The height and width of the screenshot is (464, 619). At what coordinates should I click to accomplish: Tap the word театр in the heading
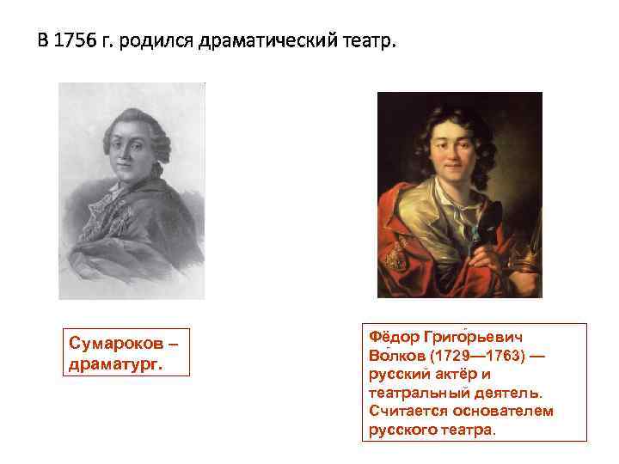point(369,41)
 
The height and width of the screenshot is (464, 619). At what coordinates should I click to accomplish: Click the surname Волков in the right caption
point(392,356)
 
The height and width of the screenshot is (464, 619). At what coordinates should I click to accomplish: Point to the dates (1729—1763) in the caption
point(470,356)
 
